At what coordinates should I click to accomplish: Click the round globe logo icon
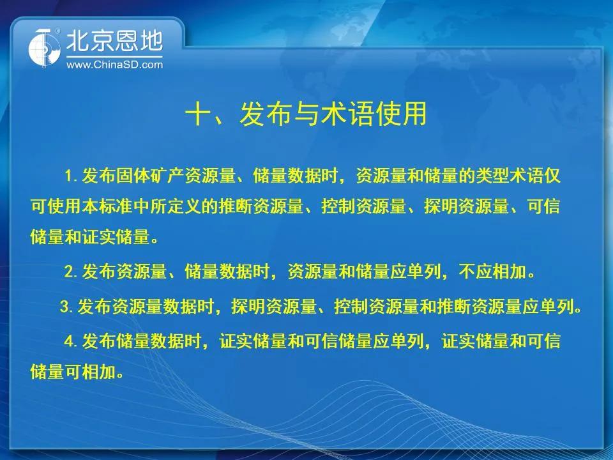click(x=44, y=48)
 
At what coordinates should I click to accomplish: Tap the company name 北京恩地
click(x=114, y=41)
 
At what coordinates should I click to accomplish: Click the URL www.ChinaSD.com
click(x=114, y=65)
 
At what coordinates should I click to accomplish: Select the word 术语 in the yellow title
click(x=346, y=114)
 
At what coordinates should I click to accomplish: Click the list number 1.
click(x=69, y=176)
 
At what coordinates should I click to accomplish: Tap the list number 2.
click(x=69, y=272)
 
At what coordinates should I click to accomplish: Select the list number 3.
click(x=65, y=306)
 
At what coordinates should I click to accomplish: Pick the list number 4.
click(x=69, y=341)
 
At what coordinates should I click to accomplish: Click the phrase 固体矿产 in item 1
click(x=149, y=176)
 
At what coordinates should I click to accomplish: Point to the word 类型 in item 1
click(x=492, y=176)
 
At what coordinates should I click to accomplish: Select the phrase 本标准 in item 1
click(x=107, y=206)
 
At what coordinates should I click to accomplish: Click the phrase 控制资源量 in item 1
click(x=363, y=206)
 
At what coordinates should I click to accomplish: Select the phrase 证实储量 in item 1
click(x=116, y=237)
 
